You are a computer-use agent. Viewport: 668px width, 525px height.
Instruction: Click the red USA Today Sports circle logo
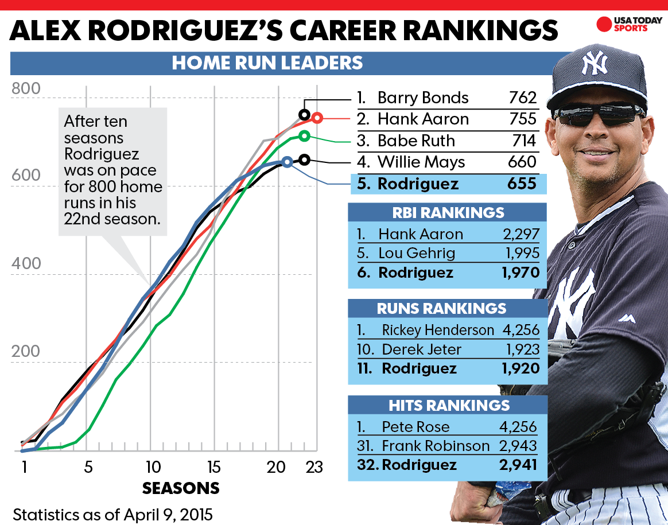click(604, 25)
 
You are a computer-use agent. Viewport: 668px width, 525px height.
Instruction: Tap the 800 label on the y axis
click(26, 90)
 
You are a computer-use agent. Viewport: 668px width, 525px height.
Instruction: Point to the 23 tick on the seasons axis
click(314, 467)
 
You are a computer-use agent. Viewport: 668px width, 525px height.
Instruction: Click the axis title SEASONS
click(181, 488)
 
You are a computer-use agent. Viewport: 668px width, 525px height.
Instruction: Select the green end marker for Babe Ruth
click(304, 136)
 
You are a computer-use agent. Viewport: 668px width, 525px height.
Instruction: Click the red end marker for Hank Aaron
click(317, 118)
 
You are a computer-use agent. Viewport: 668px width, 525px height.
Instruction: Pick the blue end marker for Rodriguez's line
click(287, 162)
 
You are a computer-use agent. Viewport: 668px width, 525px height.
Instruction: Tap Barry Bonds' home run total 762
click(522, 98)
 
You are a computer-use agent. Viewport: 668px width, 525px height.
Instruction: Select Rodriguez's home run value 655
click(522, 184)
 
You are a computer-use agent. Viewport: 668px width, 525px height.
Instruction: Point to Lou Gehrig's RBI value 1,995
click(520, 253)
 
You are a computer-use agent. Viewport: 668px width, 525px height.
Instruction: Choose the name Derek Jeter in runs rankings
click(421, 349)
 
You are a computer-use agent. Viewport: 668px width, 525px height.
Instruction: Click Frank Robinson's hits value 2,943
click(518, 445)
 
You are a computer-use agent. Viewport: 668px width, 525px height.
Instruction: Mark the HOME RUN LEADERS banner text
click(267, 63)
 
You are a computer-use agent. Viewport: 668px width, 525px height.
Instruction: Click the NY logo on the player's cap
click(594, 64)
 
